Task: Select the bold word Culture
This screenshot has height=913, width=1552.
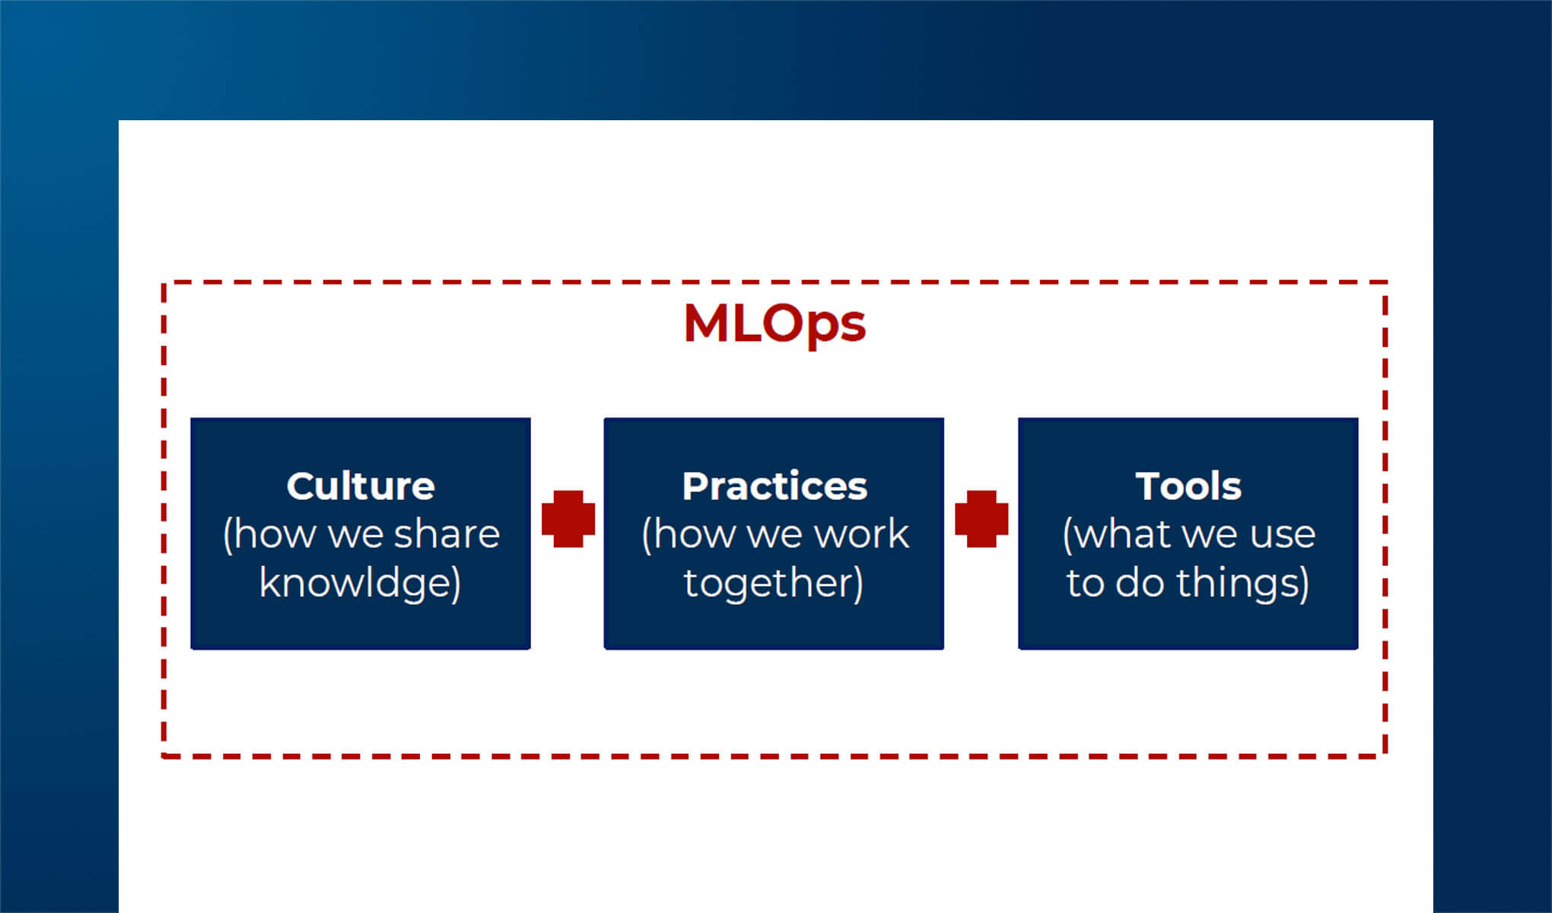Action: (x=361, y=486)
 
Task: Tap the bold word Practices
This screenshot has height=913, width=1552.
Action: (x=774, y=486)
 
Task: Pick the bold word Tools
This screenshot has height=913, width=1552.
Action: (x=1188, y=486)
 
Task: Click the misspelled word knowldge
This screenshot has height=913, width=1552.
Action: (x=357, y=584)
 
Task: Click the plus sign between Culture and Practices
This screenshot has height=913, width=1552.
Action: (x=568, y=519)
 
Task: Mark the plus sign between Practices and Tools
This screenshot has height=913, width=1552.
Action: (x=981, y=519)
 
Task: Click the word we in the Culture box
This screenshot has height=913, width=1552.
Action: (x=355, y=534)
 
